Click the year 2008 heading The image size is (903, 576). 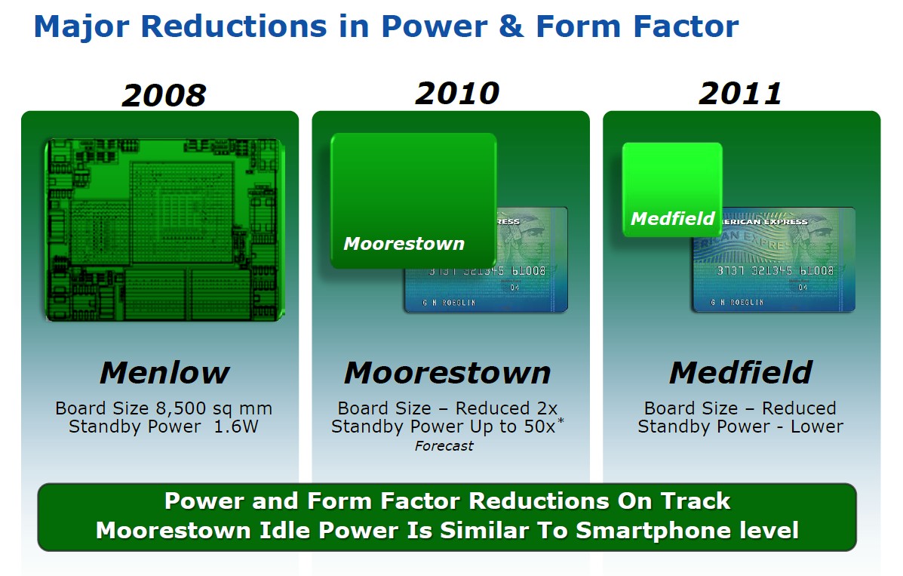(x=164, y=95)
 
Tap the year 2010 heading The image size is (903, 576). (x=457, y=94)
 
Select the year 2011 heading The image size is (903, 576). (x=741, y=94)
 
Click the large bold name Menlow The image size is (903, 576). (x=164, y=372)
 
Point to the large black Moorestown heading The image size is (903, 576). (x=447, y=372)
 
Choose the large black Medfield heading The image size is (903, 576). (x=741, y=372)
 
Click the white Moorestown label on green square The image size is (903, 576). (x=404, y=244)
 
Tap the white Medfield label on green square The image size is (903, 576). (x=673, y=218)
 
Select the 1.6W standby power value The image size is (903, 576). (x=236, y=427)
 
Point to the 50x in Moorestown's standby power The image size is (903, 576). (x=539, y=427)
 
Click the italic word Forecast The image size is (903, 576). (x=444, y=446)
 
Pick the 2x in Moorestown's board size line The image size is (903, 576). (x=547, y=408)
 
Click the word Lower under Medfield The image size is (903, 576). (x=816, y=427)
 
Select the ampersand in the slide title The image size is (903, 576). (x=511, y=26)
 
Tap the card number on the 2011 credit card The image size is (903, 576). (x=775, y=270)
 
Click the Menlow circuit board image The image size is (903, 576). (x=164, y=229)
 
